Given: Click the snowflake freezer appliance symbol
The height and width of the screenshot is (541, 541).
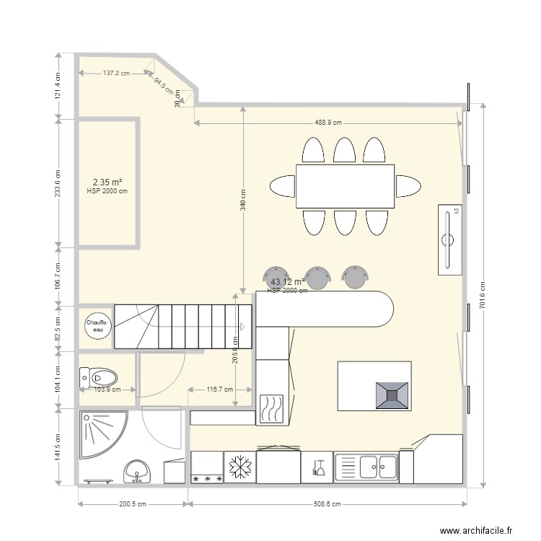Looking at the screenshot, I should pyautogui.click(x=239, y=467).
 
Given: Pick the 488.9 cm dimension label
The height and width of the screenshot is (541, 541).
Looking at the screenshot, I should pyautogui.click(x=327, y=123).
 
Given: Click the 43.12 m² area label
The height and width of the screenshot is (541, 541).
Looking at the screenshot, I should pyautogui.click(x=287, y=281).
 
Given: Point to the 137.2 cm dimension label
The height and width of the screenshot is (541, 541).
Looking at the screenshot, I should pyautogui.click(x=116, y=73).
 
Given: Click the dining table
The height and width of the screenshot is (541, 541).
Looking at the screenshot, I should pyautogui.click(x=346, y=186).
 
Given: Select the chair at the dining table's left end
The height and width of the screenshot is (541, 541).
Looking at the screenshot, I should pyautogui.click(x=282, y=186).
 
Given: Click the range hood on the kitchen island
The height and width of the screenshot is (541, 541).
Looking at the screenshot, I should pyautogui.click(x=392, y=395).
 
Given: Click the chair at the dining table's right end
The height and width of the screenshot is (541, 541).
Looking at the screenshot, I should pyautogui.click(x=408, y=185).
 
